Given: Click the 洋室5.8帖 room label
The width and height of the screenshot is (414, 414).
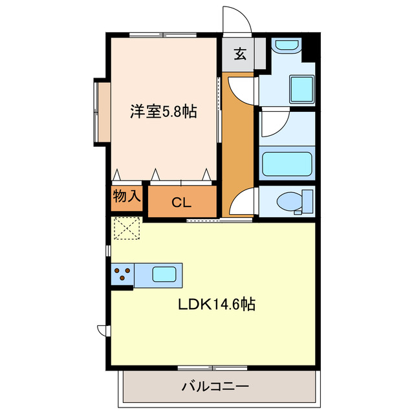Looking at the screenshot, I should click(162, 111).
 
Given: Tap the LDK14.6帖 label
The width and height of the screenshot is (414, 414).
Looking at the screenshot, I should click(217, 304).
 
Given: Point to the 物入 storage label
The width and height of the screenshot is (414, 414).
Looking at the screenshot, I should click(127, 196).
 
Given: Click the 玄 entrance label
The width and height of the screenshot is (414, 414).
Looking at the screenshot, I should click(239, 54).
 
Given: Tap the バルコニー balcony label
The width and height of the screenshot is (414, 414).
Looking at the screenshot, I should click(215, 387).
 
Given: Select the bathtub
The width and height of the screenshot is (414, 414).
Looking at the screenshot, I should click(286, 164).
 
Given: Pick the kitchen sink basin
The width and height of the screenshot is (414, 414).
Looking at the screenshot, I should click(166, 274).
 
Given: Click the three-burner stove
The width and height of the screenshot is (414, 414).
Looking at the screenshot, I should click(122, 276).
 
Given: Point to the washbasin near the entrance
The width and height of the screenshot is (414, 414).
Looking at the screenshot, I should click(285, 47).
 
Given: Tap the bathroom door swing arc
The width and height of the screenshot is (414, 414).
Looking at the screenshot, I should click(274, 124).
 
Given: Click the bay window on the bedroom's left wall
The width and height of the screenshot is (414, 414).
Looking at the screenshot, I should click(102, 111).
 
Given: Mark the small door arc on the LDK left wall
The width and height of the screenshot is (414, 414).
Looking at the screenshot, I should click(102, 331).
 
